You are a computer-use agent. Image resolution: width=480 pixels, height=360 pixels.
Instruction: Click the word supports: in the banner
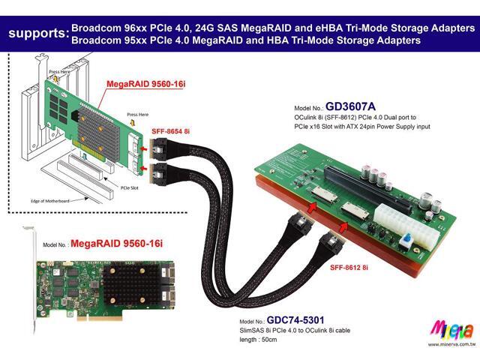(36, 34)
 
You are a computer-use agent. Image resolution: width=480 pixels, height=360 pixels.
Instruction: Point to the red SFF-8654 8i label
(171, 132)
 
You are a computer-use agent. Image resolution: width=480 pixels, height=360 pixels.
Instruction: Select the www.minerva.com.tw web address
(452, 344)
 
